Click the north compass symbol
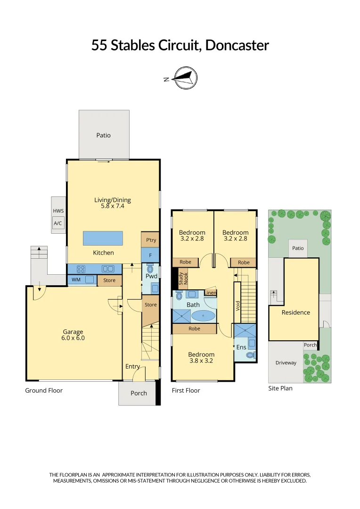[185, 78]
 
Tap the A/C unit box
[58, 224]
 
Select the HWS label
[58, 211]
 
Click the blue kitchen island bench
[103, 238]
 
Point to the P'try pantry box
[151, 240]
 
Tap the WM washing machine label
[76, 279]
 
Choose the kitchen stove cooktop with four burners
[81, 269]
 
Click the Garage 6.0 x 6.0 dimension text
[74, 338]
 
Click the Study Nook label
[183, 279]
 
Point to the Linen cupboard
[210, 293]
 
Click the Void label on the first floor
[237, 305]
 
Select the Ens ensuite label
[241, 347]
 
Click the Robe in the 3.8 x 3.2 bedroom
[194, 328]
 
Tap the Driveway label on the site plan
[286, 363]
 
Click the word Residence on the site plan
[296, 312]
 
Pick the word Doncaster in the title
[237, 45]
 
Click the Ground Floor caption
[44, 390]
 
